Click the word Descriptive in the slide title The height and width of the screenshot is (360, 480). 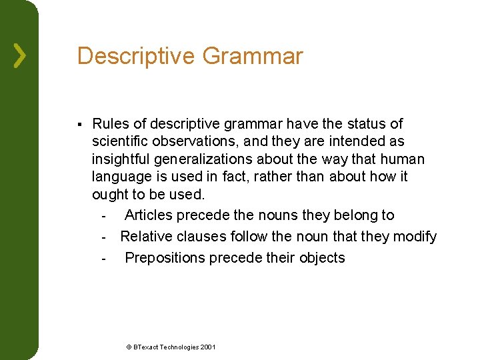[136, 56]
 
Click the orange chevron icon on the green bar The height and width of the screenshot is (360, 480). [20, 56]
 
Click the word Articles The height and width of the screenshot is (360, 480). [149, 215]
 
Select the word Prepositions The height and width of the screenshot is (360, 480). [165, 258]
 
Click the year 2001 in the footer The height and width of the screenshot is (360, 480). [207, 347]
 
